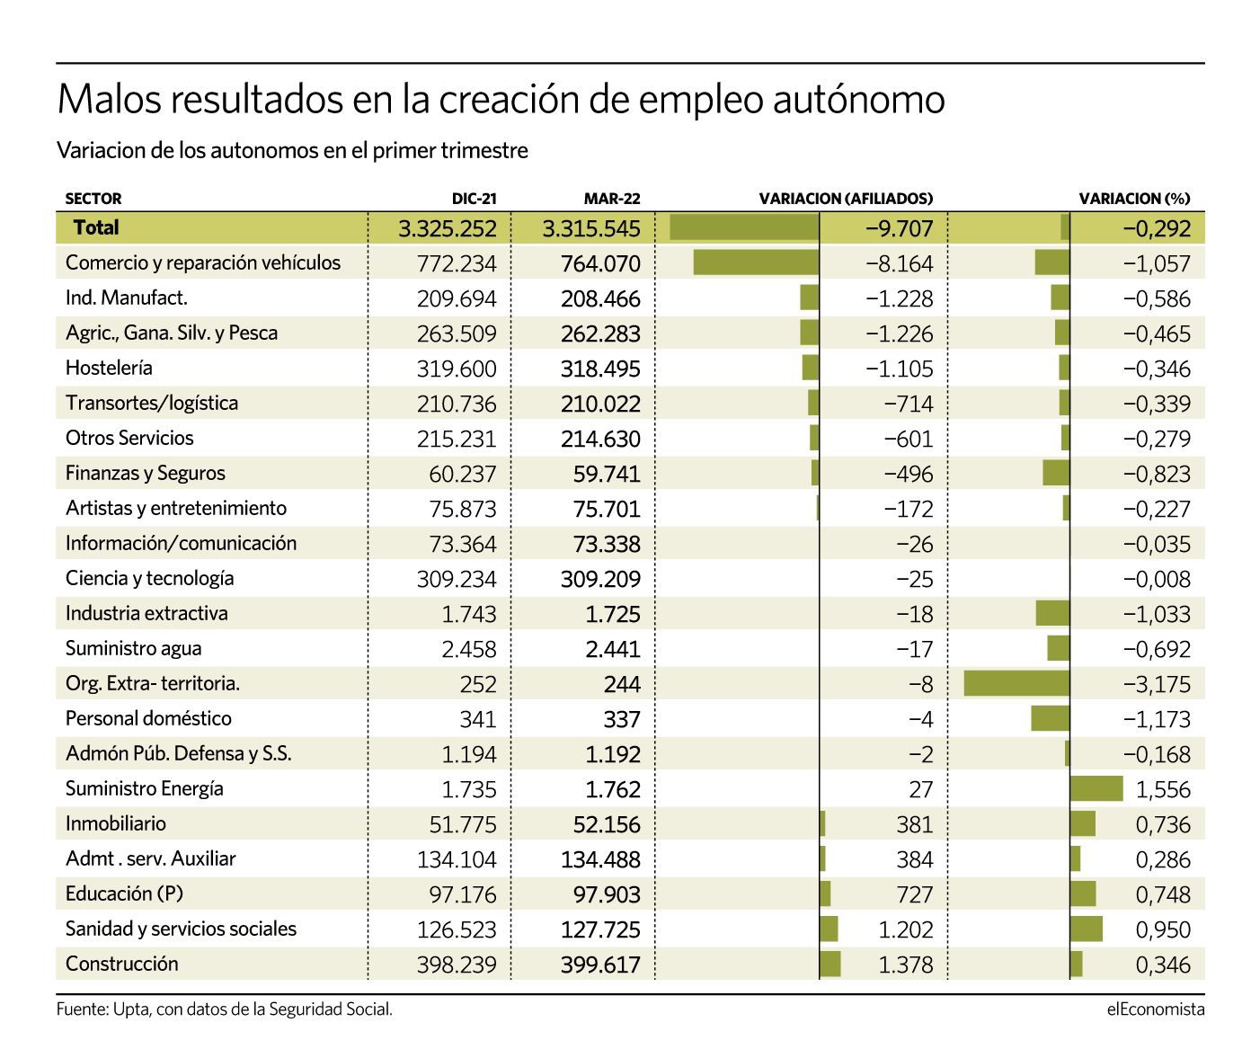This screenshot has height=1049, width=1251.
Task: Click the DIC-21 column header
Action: [x=474, y=199]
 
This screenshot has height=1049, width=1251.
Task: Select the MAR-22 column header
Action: [x=612, y=199]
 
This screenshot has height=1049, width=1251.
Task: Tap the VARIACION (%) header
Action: [x=1134, y=199]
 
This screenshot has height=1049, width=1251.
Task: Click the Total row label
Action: [x=96, y=227]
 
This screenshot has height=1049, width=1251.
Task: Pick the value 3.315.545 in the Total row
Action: [x=590, y=228]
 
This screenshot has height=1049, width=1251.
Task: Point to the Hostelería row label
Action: [x=109, y=368]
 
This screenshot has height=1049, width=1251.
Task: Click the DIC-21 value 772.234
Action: [x=457, y=263]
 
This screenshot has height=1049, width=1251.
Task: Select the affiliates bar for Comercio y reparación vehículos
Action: [x=756, y=262]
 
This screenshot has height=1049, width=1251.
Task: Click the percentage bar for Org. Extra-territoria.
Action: [x=1016, y=683]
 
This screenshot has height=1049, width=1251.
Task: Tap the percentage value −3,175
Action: [x=1157, y=684]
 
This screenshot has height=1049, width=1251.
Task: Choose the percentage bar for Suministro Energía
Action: [x=1096, y=788]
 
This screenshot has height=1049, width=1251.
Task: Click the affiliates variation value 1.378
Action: [x=905, y=965]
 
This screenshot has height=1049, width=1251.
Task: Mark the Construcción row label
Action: [x=121, y=964]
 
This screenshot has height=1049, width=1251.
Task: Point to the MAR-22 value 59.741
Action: [x=607, y=474]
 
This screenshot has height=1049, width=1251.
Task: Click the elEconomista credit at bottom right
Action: [x=1155, y=1009]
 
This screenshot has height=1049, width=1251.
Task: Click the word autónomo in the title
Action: [x=858, y=99]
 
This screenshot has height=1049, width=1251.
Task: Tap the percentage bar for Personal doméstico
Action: [x=1050, y=718]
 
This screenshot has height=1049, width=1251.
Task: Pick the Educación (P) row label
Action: [x=124, y=893]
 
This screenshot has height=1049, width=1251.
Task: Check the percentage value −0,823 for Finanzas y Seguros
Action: [x=1157, y=474]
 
